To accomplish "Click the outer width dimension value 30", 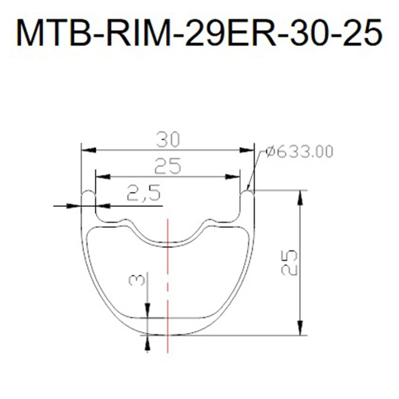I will [168, 140].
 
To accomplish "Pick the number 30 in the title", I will [305, 33].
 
